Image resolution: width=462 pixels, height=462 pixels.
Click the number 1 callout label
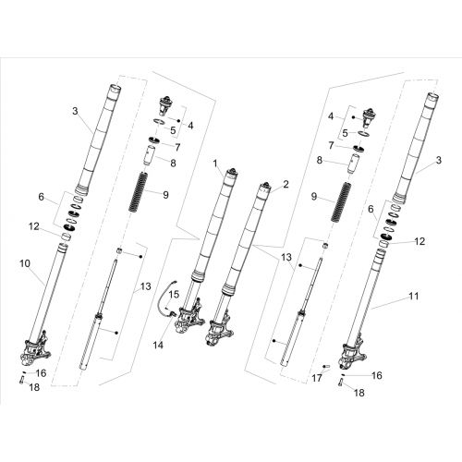click(x=215, y=164)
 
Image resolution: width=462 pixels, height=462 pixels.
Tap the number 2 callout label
click(x=286, y=185)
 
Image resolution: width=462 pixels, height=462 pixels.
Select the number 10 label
click(x=25, y=263)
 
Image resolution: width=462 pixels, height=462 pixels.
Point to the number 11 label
click(x=414, y=296)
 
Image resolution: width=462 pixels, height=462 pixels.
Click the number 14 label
click(x=158, y=346)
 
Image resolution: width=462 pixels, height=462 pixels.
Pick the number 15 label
click(x=174, y=295)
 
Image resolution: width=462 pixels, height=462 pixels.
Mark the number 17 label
click(x=317, y=378)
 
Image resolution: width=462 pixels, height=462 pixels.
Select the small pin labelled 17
click(x=326, y=366)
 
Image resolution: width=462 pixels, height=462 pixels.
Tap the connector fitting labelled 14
click(x=173, y=314)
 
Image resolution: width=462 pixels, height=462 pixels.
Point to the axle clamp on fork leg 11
click(x=353, y=353)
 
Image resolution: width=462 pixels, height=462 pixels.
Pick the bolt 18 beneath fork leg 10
click(x=22, y=381)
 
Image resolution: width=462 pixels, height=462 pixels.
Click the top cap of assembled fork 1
click(x=232, y=173)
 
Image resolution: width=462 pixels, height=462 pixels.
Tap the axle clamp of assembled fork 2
click(x=220, y=331)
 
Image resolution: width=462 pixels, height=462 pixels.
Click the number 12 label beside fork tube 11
click(x=419, y=241)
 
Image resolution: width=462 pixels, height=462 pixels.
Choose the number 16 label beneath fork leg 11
click(x=377, y=375)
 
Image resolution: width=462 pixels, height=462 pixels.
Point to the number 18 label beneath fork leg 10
click(x=34, y=387)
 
